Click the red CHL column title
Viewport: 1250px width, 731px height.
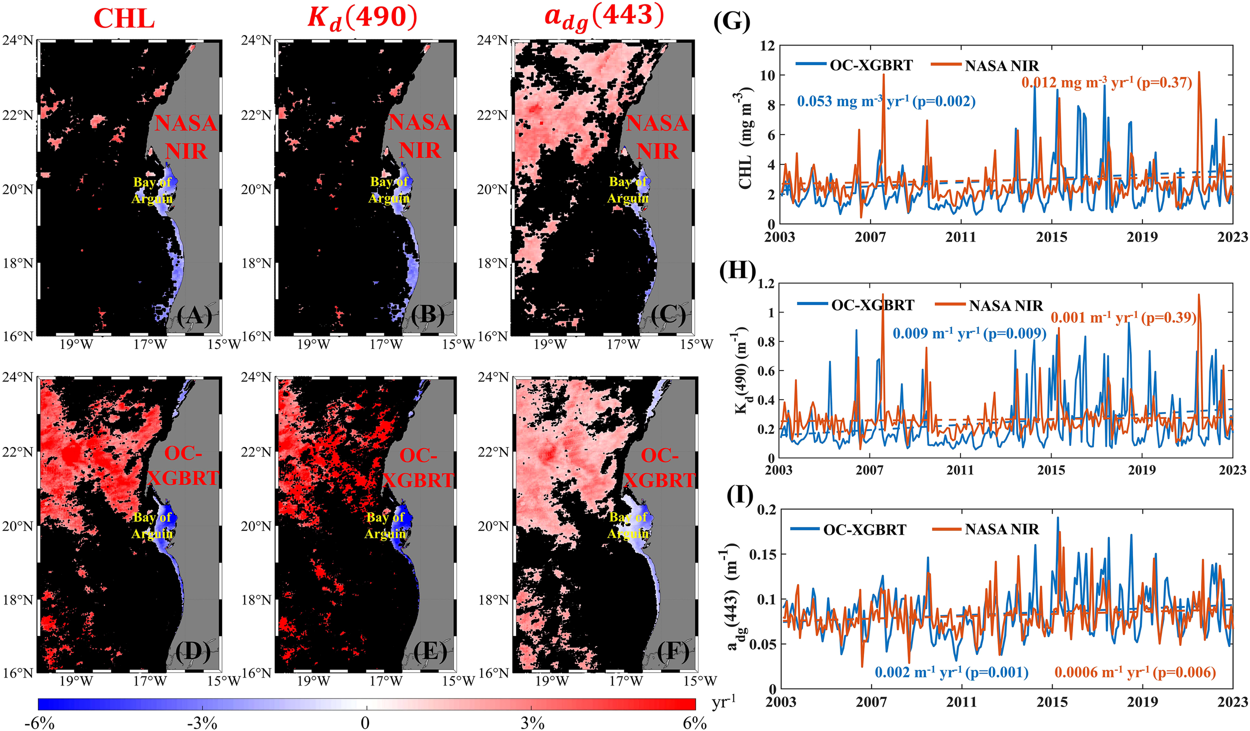click(x=124, y=19)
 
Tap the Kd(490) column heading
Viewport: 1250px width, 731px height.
click(x=362, y=18)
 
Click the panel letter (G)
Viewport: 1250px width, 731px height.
click(x=731, y=22)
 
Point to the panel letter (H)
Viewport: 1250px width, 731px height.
click(x=737, y=270)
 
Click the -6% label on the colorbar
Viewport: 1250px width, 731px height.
click(x=39, y=723)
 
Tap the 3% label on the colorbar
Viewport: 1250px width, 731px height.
click(x=532, y=723)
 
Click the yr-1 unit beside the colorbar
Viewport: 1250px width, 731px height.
click(x=723, y=702)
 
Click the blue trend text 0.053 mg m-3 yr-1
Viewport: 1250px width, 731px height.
click(x=885, y=101)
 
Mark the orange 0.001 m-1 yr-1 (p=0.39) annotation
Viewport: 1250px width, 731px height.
click(x=1123, y=317)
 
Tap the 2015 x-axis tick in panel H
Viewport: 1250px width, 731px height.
click(x=1051, y=470)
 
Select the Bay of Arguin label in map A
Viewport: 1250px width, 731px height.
click(x=152, y=190)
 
